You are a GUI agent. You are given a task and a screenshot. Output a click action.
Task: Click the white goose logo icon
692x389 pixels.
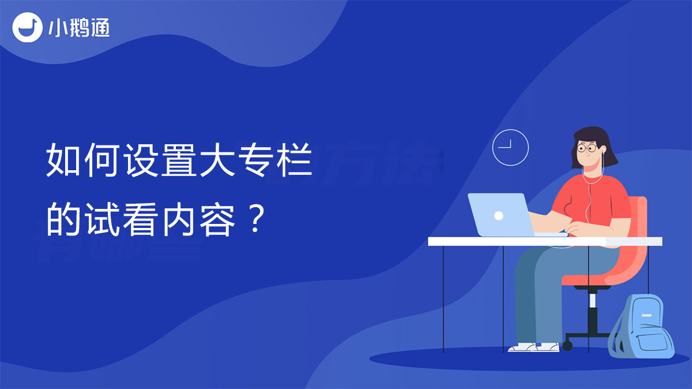click(x=27, y=27)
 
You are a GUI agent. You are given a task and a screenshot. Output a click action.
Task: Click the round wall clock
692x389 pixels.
click(x=510, y=148)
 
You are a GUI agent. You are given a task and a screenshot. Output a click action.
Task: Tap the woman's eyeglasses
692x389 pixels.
click(x=587, y=148)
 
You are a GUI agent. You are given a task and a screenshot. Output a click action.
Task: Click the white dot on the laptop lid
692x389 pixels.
click(x=499, y=215)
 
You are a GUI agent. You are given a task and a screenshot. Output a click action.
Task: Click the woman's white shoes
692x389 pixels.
click(x=534, y=347)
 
